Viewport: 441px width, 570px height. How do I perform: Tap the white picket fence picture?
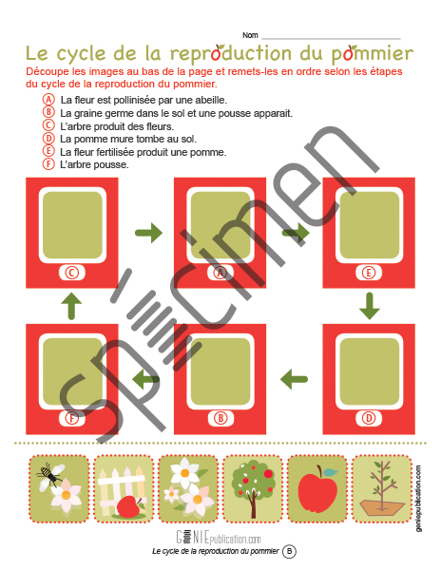click(x=124, y=488)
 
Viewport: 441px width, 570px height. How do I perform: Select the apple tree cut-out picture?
click(x=252, y=488)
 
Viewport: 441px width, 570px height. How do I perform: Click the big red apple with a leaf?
click(x=317, y=489)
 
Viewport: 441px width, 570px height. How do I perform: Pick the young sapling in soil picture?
click(x=382, y=488)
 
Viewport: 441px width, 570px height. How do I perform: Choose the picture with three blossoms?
click(x=188, y=488)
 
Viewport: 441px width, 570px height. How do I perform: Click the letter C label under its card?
click(x=72, y=273)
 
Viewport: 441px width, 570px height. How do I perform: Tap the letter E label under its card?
click(x=369, y=273)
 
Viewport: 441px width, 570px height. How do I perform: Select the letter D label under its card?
click(x=369, y=418)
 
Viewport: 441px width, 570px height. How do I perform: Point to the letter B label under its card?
click(x=220, y=418)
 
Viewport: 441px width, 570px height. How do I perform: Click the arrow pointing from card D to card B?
click(x=294, y=379)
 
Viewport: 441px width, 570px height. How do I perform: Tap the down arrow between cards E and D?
click(x=370, y=306)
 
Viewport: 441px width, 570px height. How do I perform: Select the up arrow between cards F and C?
click(x=71, y=306)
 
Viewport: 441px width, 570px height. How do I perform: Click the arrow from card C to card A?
click(x=148, y=233)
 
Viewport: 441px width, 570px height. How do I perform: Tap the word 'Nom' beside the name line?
click(x=250, y=35)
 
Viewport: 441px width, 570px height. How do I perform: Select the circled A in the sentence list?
click(x=48, y=99)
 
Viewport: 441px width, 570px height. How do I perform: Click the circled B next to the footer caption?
click(x=289, y=551)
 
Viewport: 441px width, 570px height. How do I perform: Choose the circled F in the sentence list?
click(x=48, y=164)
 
